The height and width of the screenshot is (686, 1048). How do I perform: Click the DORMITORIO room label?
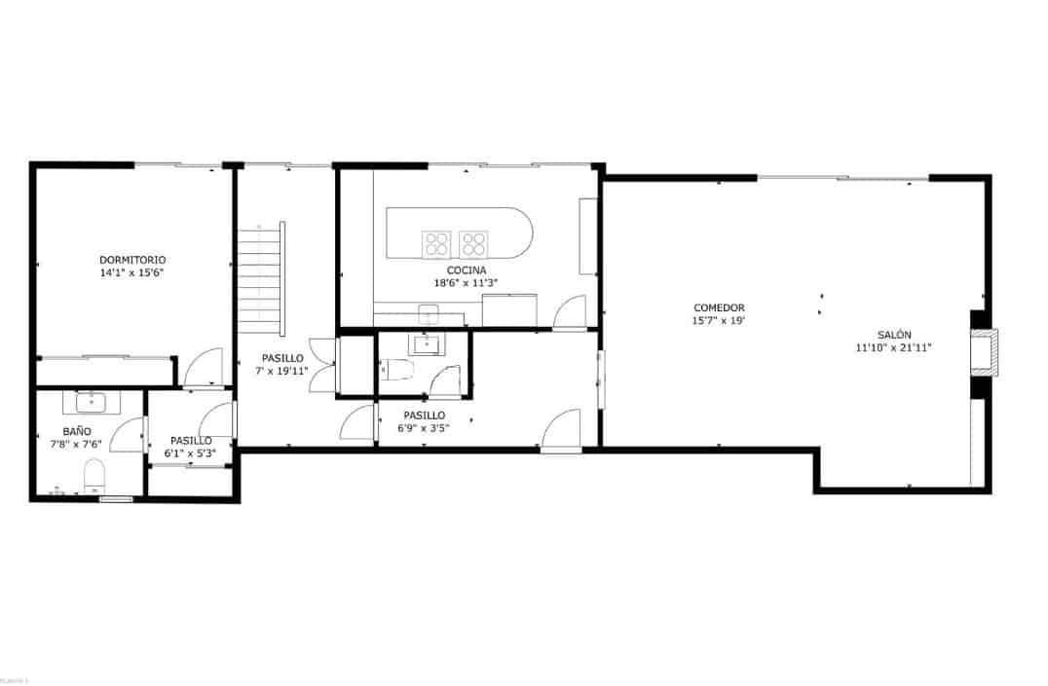[132, 260]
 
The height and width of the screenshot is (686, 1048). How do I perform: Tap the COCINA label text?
[467, 271]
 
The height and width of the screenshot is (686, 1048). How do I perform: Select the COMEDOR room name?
[719, 307]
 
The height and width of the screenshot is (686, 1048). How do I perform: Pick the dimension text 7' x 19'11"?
[281, 371]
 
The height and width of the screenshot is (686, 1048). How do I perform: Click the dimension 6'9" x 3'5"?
[423, 427]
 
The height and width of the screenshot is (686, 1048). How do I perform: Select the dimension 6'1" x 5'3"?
[191, 452]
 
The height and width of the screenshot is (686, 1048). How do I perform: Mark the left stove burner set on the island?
[436, 241]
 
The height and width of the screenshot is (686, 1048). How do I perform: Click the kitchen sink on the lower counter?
[429, 313]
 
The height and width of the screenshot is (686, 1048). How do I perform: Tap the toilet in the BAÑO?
[94, 476]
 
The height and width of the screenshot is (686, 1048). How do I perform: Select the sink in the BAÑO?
[91, 401]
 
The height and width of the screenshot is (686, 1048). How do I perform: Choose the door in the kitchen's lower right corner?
[570, 312]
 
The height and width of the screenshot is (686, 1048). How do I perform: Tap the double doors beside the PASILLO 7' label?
[322, 365]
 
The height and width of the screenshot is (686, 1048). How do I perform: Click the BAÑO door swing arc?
[128, 436]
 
